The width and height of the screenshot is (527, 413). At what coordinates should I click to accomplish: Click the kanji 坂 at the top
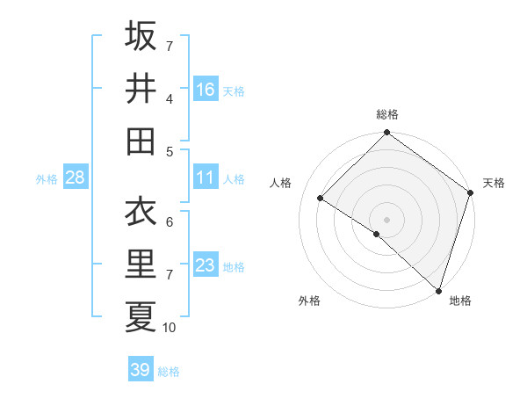[x=141, y=37]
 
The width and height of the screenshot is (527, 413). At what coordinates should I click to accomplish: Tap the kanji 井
[x=141, y=89]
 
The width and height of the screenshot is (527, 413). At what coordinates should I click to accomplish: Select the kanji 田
[x=141, y=141]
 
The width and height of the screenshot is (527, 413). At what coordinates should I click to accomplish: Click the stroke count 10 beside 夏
[x=170, y=328]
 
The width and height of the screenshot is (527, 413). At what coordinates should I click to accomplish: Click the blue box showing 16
[x=206, y=89]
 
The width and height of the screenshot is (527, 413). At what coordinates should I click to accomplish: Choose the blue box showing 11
[x=206, y=178]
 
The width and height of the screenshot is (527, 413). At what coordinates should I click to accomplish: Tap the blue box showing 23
[x=206, y=265]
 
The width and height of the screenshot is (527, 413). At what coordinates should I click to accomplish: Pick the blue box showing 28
[x=76, y=178]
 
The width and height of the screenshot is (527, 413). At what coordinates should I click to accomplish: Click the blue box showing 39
[x=140, y=370]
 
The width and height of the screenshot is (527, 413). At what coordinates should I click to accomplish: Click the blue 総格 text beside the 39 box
[x=169, y=372]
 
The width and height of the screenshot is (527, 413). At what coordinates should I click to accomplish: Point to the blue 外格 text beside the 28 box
[x=47, y=179]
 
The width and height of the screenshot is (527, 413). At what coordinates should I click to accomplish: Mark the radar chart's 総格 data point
[x=386, y=134]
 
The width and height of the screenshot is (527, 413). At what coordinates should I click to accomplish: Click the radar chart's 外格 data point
[x=377, y=234]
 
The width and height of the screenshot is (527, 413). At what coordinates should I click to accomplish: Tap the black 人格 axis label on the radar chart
[x=282, y=184]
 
